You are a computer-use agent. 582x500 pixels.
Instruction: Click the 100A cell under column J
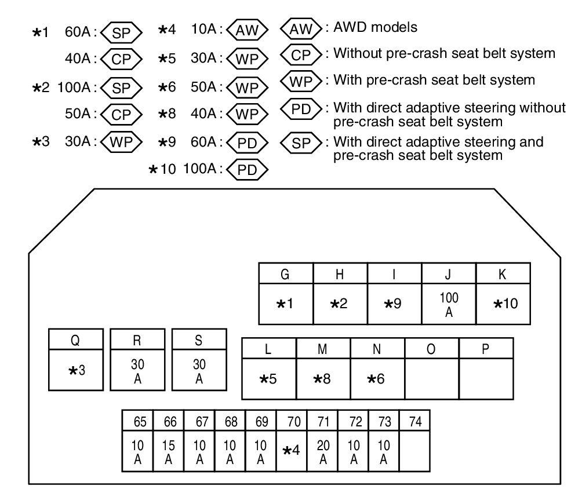449,304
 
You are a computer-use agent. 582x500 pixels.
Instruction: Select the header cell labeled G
285,273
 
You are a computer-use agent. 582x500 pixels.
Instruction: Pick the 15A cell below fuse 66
169,448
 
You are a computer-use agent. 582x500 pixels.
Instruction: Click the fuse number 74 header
414,421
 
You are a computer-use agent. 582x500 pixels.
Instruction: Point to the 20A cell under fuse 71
322,448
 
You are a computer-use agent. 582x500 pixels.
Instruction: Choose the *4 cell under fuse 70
292,449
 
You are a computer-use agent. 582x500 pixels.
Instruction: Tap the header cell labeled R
137,341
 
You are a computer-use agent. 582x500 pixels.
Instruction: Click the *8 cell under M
323,379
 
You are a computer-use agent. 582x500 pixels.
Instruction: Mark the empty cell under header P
486,379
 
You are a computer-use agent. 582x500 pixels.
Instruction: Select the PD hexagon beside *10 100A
248,169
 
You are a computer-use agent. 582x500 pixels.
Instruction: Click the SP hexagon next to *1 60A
122,34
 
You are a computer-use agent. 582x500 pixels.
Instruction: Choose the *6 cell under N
377,379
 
